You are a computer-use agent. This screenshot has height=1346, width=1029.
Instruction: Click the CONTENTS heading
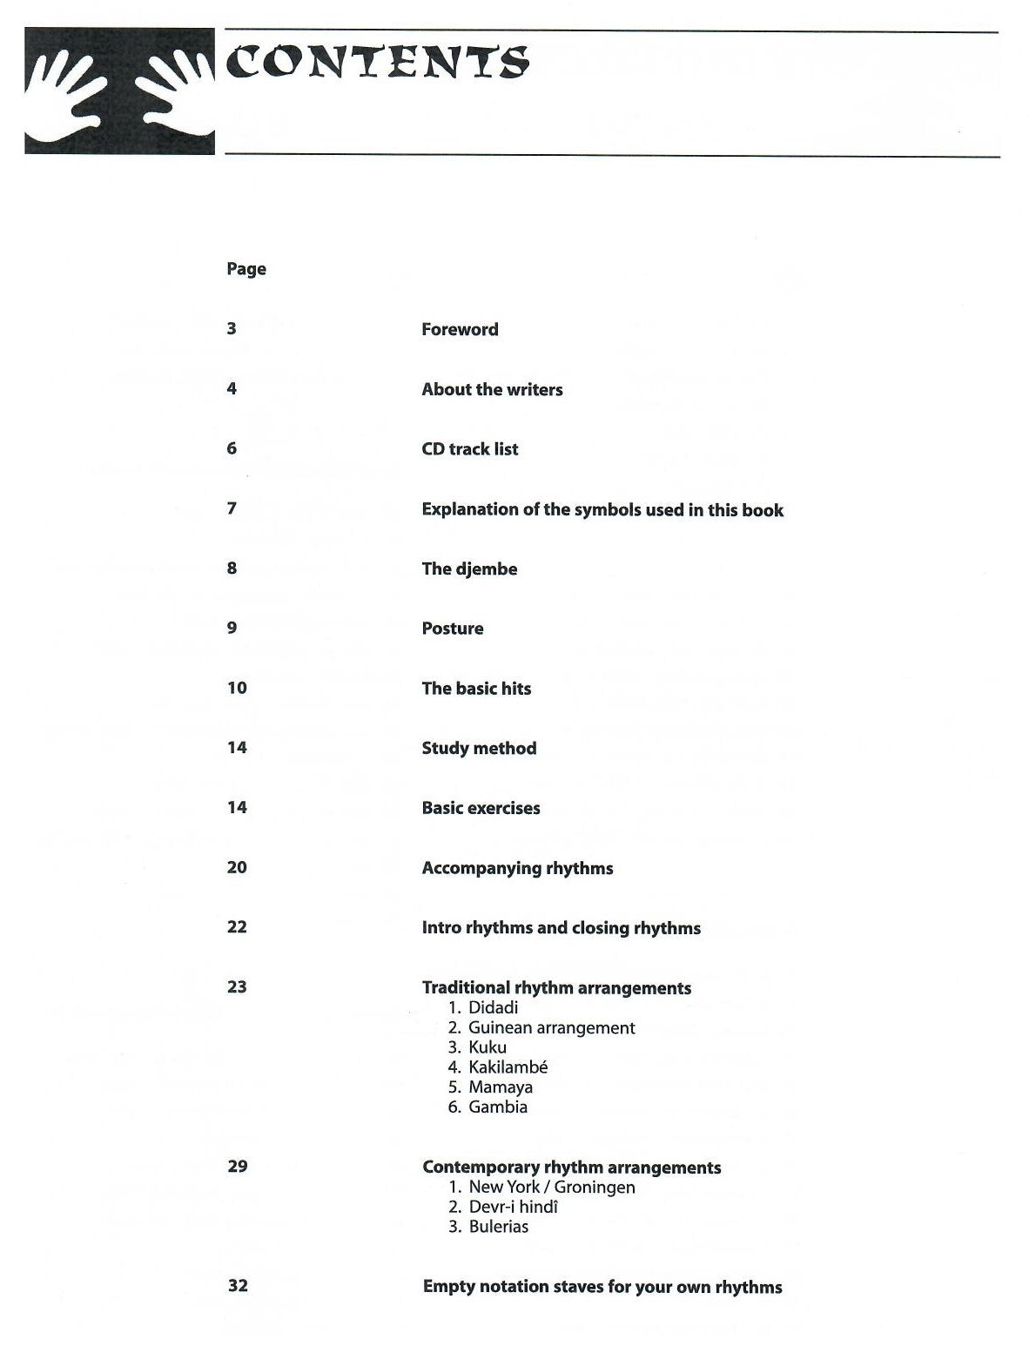(378, 63)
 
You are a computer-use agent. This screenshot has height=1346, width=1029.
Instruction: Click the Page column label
(246, 269)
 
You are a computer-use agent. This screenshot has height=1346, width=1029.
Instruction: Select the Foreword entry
(460, 329)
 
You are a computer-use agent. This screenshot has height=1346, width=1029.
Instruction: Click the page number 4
(232, 388)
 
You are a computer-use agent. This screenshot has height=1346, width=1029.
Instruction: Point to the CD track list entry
(469, 449)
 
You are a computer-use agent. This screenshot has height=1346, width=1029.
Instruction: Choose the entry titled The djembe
(469, 569)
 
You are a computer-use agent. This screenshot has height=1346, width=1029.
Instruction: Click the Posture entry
(452, 629)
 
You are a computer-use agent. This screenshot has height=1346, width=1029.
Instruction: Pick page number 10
(237, 688)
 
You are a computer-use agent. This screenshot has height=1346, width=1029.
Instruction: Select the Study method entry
(479, 748)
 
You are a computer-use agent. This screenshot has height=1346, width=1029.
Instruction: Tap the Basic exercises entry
(481, 808)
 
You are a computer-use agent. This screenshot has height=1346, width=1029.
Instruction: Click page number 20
(237, 867)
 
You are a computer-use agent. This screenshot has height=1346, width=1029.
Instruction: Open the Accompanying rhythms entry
(517, 868)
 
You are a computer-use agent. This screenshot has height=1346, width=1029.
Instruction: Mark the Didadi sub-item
(493, 1007)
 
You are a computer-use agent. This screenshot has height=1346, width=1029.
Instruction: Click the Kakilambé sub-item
(508, 1067)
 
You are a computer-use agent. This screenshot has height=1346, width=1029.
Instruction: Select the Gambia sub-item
(497, 1107)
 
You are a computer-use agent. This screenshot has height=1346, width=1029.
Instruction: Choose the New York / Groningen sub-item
(551, 1188)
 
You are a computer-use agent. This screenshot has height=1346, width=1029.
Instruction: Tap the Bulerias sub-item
(498, 1227)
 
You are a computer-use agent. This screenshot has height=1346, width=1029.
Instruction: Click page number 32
(237, 1285)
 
